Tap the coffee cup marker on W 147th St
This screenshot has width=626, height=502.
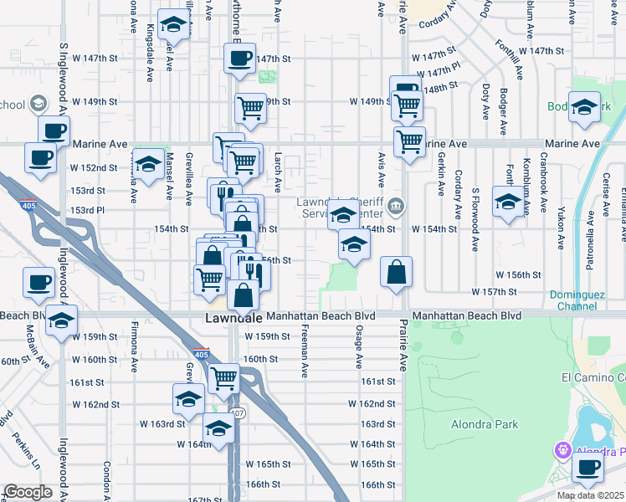click(239, 58)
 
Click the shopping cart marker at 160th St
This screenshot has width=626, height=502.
click(223, 378)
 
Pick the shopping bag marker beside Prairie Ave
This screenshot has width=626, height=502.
click(397, 271)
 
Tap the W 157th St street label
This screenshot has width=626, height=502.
click(495, 292)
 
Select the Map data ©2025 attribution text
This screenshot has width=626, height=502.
click(591, 495)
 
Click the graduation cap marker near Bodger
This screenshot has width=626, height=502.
click(585, 106)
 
